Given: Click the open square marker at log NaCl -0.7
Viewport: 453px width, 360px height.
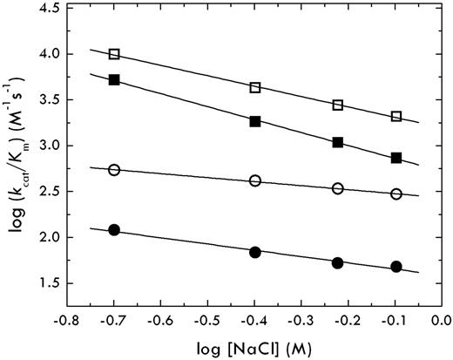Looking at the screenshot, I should tap(114, 54).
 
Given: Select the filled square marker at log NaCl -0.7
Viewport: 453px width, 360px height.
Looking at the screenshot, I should tap(114, 79).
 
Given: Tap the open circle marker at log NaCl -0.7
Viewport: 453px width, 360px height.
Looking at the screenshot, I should tap(114, 170).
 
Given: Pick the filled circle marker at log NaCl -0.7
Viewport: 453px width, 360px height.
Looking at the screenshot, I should tap(114, 230).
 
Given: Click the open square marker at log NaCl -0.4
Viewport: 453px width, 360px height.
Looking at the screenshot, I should tap(255, 87).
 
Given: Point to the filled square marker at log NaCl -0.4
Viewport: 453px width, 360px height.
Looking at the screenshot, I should tap(255, 121).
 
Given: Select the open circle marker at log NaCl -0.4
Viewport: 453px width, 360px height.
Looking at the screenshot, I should tap(255, 180).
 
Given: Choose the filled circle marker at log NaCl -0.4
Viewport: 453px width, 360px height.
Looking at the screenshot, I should tap(255, 252).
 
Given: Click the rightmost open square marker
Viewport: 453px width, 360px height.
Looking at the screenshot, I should tap(396, 116).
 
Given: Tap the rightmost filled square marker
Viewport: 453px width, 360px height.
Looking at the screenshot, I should tap(396, 158).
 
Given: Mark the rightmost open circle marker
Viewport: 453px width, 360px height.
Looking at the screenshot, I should tap(396, 194).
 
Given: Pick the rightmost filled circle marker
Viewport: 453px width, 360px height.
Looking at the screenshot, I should tap(396, 267).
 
